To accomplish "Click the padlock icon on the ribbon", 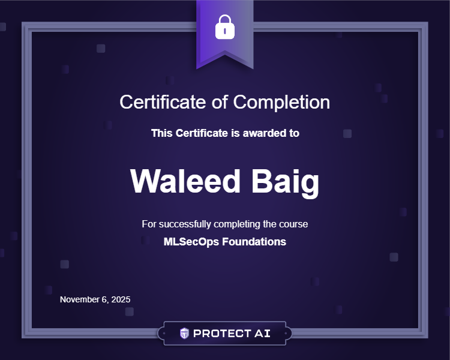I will click(224, 26).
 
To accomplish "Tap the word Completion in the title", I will click(281, 102).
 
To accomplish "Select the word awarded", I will click(260, 133).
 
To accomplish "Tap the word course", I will click(293, 224).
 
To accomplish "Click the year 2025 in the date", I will click(120, 299).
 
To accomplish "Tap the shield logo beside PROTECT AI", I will click(185, 334).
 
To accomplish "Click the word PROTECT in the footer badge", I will click(218, 334).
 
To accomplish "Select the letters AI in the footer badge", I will click(262, 334).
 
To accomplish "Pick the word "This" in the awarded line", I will click(161, 133).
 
